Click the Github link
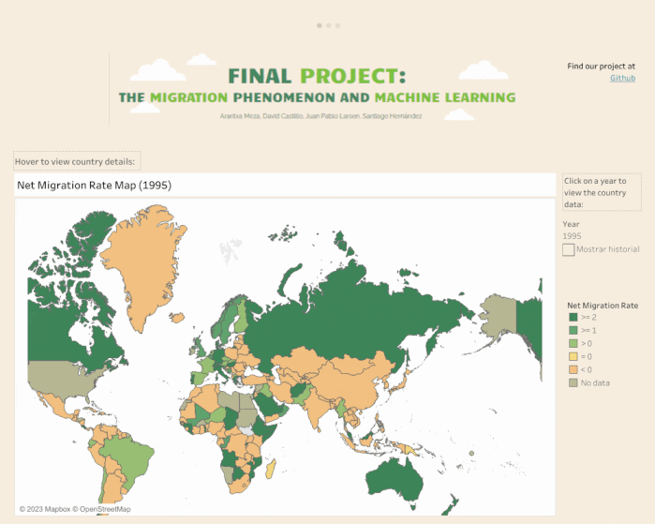click(x=622, y=78)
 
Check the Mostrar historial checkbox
click(x=569, y=249)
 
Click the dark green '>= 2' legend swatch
click(x=573, y=318)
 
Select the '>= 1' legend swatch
click(x=573, y=331)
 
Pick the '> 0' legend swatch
click(x=573, y=344)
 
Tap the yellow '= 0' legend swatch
click(x=573, y=357)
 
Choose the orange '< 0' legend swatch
click(x=573, y=369)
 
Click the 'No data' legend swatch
click(x=573, y=382)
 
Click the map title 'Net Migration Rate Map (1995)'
click(x=94, y=186)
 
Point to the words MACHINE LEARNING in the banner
click(x=444, y=97)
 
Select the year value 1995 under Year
click(x=572, y=236)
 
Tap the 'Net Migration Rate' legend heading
click(x=603, y=306)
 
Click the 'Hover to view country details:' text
click(x=75, y=161)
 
